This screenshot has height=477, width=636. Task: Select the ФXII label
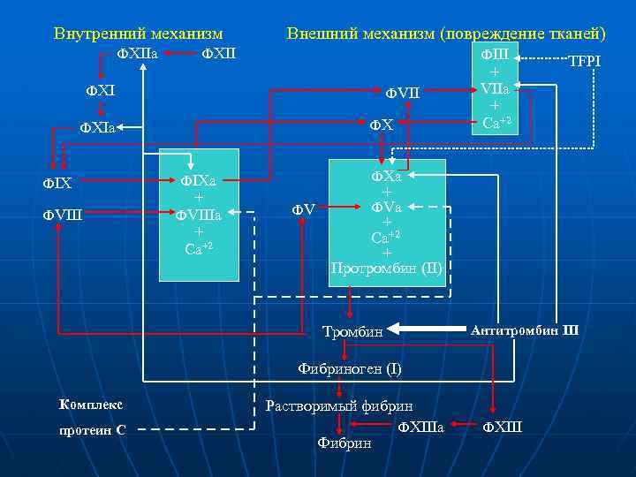click(x=220, y=55)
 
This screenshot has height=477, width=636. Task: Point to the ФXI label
click(x=100, y=90)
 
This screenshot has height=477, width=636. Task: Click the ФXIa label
click(x=98, y=128)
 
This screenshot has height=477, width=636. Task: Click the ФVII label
click(x=403, y=91)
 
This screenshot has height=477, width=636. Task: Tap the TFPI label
click(x=584, y=62)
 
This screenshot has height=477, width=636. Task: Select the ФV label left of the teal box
click(x=304, y=210)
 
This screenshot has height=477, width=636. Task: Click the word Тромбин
click(x=352, y=332)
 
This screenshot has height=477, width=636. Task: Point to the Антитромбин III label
click(x=525, y=330)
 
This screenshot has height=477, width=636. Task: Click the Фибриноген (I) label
click(x=349, y=369)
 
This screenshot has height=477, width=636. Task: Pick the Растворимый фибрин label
click(x=339, y=406)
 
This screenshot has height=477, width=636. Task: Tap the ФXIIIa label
click(x=420, y=428)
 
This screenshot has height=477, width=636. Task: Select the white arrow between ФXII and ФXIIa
click(x=180, y=55)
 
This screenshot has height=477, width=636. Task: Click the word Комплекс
click(x=91, y=405)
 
